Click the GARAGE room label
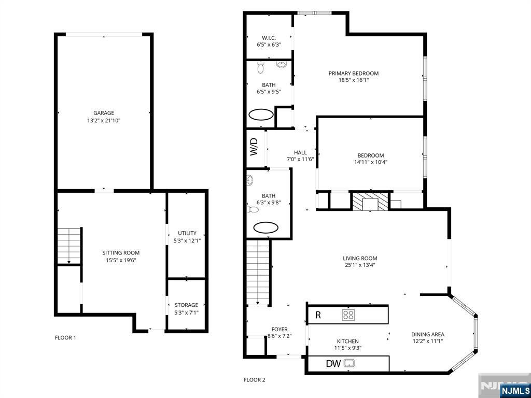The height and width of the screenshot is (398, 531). (x=104, y=113)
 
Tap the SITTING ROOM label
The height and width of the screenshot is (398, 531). (x=121, y=253)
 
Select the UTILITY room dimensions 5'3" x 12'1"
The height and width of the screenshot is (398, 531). (x=187, y=240)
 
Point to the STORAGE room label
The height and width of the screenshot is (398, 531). (x=187, y=305)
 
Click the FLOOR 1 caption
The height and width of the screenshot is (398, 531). (x=65, y=338)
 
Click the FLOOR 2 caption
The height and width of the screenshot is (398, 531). (x=254, y=380)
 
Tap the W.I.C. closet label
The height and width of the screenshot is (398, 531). (x=269, y=38)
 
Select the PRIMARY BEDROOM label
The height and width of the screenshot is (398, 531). (x=353, y=74)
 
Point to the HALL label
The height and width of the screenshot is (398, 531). (x=300, y=152)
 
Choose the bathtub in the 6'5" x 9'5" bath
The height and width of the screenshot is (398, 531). (x=261, y=115)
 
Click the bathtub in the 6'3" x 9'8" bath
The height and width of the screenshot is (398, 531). (x=265, y=227)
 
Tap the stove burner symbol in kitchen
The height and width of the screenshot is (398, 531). (x=348, y=314)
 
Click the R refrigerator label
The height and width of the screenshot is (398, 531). (x=318, y=315)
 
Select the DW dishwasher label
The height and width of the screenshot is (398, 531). (x=333, y=364)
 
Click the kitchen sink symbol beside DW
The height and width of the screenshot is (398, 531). (x=350, y=364)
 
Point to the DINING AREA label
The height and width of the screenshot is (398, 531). (x=427, y=334)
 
